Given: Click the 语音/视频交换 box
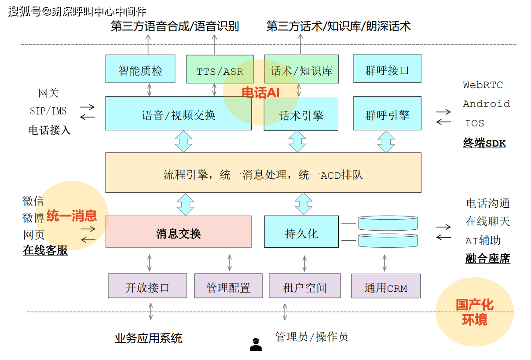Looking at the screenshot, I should pyautogui.click(x=178, y=114).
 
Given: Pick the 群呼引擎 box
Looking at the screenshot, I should pyautogui.click(x=387, y=114).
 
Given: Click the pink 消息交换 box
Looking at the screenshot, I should pyautogui.click(x=178, y=232).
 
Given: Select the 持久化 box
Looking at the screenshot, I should pyautogui.click(x=301, y=232).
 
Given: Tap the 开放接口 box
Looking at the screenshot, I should pyautogui.click(x=147, y=286).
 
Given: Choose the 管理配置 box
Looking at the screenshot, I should pyautogui.click(x=228, y=286).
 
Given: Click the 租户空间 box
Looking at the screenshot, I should pyautogui.click(x=305, y=286).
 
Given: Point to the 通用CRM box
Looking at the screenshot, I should pyautogui.click(x=386, y=286).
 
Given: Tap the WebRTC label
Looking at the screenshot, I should pyautogui.click(x=483, y=85).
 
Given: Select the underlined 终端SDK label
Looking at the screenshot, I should pyautogui.click(x=484, y=143).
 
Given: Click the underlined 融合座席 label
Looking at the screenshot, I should pyautogui.click(x=488, y=258).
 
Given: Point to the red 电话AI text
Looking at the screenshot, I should pyautogui.click(x=260, y=93).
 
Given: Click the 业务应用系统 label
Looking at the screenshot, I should pyautogui.click(x=148, y=338).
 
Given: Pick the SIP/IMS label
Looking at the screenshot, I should pyautogui.click(x=48, y=111).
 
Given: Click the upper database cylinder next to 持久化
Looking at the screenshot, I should pyautogui.click(x=388, y=223).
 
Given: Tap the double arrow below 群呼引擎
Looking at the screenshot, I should pyautogui.click(x=386, y=142).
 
